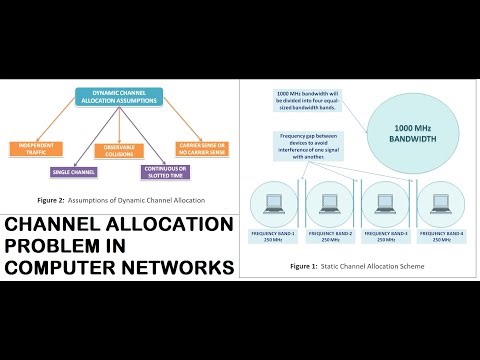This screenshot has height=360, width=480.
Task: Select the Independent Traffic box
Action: [x=37, y=148]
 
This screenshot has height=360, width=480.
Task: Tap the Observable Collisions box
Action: [x=119, y=150]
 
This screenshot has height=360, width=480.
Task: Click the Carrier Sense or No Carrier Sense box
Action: [x=203, y=148]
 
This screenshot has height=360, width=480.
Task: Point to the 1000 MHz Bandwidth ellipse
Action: [x=412, y=132]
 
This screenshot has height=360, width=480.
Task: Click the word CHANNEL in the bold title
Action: [x=61, y=225]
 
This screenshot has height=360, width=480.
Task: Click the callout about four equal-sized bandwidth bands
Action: [x=312, y=100]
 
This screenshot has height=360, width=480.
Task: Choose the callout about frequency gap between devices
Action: [x=309, y=145]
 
